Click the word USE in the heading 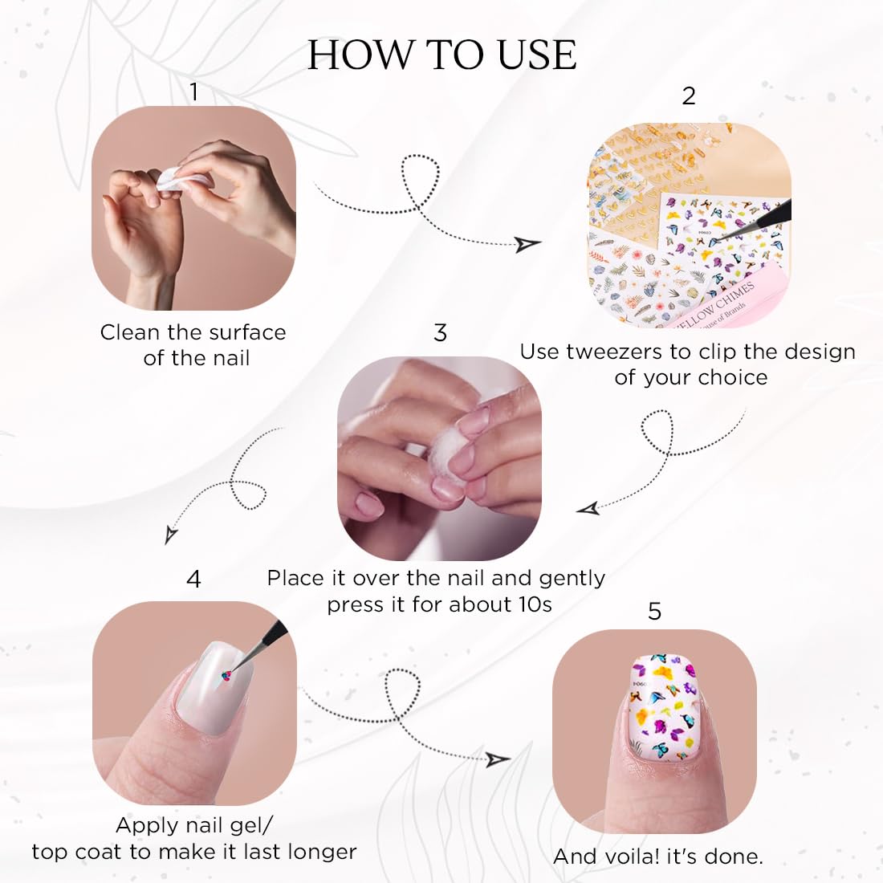point(537,55)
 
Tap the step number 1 point(193,92)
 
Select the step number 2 point(689,96)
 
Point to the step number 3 point(441,332)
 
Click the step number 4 point(193,579)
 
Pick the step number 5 point(654,611)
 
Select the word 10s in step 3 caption point(535,604)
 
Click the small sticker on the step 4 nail point(227,676)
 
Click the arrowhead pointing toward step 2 point(527,244)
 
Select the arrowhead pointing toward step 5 point(498,759)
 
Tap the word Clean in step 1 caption point(129,332)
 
